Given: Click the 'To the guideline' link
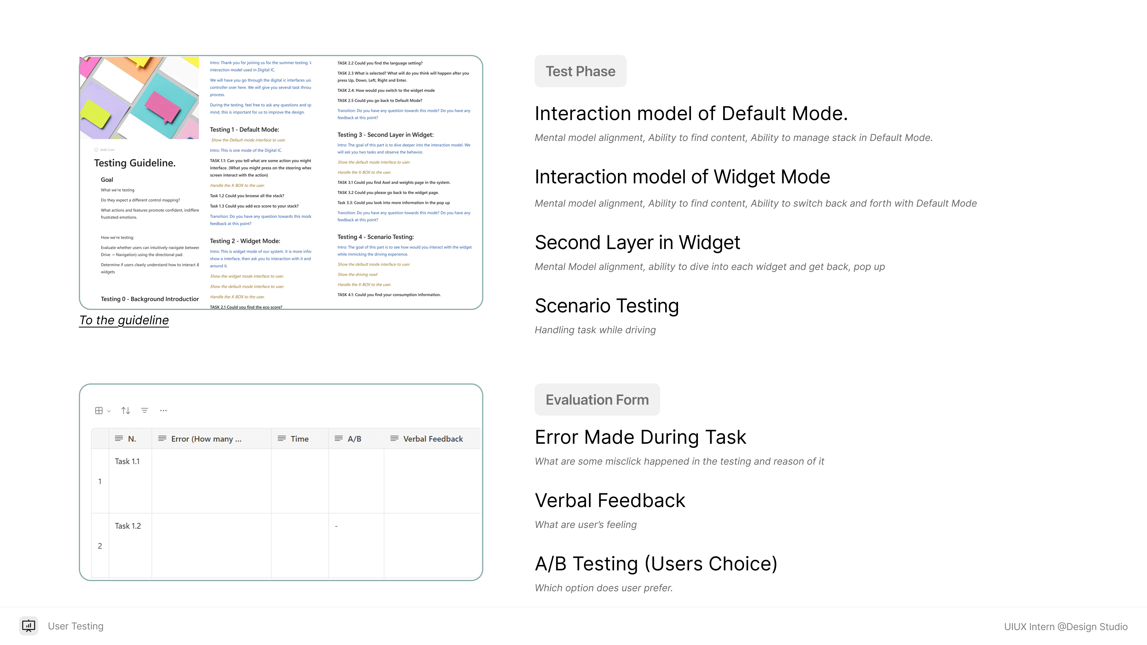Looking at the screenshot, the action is [124, 320].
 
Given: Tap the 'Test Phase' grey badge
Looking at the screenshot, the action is [580, 71].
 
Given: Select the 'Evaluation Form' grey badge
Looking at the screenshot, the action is [597, 400].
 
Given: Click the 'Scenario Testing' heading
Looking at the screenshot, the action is [606, 306].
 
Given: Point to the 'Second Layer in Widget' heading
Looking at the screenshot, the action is [637, 242].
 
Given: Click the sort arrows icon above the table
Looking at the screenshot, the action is [125, 410].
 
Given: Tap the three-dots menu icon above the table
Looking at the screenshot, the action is [163, 410].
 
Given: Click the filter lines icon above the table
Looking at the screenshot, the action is [144, 410].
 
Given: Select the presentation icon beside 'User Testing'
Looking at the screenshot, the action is [28, 626].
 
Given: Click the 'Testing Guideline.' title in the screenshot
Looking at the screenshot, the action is [134, 163].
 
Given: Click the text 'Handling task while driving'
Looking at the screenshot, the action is [595, 330].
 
